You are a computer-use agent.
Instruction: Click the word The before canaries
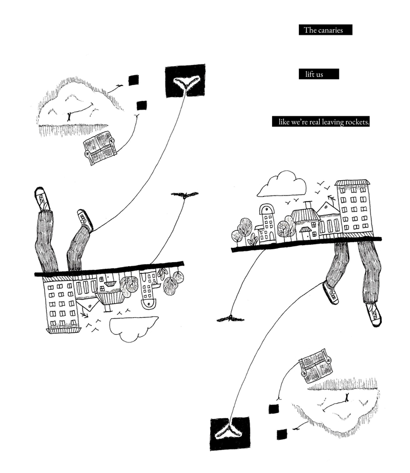311,30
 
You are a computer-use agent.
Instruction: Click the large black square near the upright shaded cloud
184,81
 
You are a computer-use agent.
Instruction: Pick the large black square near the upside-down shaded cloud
230,433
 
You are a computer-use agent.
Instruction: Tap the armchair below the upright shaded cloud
100,147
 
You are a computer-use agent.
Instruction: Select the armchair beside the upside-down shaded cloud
315,365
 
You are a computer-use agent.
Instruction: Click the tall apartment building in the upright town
354,206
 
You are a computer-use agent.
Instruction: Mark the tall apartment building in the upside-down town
61,304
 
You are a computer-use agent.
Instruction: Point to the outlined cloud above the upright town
281,185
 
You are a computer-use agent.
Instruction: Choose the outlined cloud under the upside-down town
133,328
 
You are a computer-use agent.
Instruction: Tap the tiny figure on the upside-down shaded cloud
347,397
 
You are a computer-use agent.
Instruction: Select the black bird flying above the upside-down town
184,195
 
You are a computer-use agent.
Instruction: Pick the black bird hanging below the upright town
230,318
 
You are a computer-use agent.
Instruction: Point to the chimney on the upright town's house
308,205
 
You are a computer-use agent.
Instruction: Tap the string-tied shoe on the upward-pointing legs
85,221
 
